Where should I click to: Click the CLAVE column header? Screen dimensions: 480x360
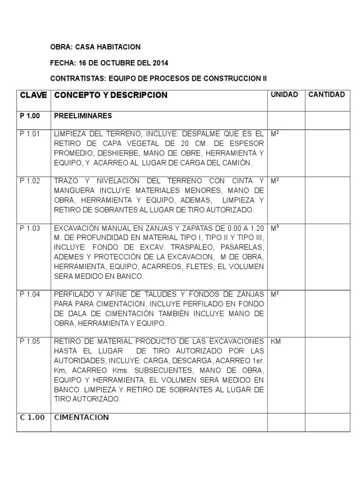click(x=33, y=95)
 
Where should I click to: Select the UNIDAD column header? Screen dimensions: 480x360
click(x=284, y=95)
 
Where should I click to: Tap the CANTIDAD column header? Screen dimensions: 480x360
click(x=326, y=95)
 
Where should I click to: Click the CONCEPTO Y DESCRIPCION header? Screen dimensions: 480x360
click(x=111, y=95)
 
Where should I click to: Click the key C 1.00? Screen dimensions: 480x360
click(x=32, y=418)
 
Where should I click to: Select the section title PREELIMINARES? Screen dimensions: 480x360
click(x=82, y=115)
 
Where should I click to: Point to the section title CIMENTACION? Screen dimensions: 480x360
click(x=82, y=418)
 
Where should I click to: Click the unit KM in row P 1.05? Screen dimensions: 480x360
click(x=276, y=342)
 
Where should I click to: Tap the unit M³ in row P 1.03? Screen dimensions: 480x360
click(x=275, y=228)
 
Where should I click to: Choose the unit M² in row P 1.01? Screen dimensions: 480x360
click(x=275, y=134)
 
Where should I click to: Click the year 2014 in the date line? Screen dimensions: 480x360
click(x=160, y=63)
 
